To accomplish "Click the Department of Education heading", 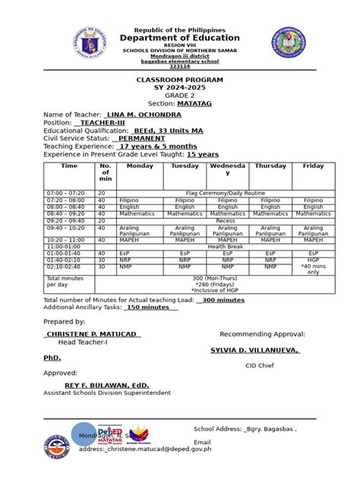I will pos(180,38).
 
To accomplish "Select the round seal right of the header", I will pos(290,43).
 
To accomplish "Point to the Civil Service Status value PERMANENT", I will pos(139,138).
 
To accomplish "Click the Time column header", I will pos(69,166).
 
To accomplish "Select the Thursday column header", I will pos(270,166).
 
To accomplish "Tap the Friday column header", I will pos(314,166).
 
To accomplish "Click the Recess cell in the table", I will pos(226,220).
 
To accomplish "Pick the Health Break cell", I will pos(226,246).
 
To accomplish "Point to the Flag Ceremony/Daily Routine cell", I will pos(226,194).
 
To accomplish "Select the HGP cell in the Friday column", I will pos(314,259).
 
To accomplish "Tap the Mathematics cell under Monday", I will pos(139,213).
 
